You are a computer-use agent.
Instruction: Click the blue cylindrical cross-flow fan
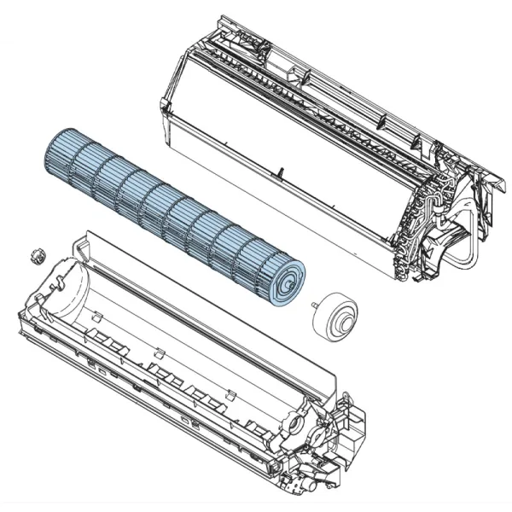pos(171,213)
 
